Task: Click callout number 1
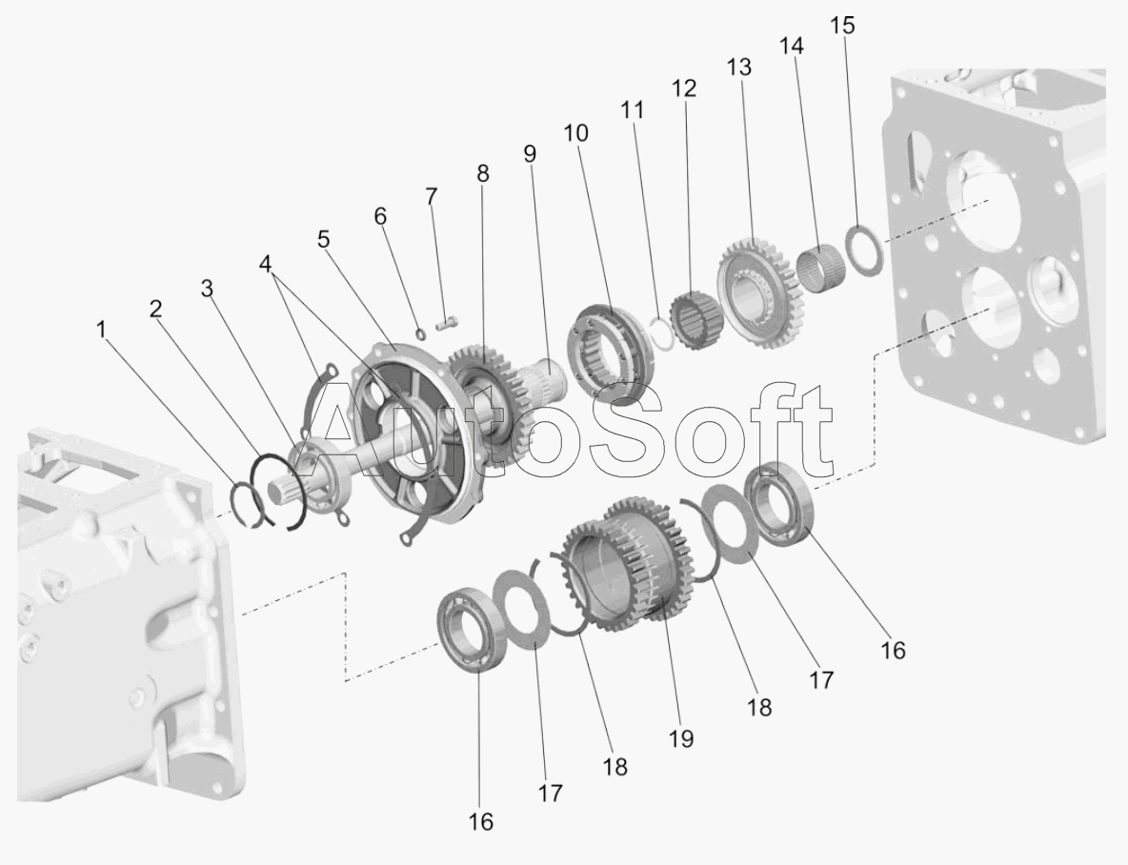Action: click(x=101, y=330)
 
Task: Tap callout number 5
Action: click(x=324, y=239)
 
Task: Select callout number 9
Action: click(x=531, y=153)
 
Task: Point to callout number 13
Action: click(x=738, y=67)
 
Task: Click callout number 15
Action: click(x=842, y=25)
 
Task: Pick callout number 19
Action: click(x=680, y=738)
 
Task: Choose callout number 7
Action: click(x=431, y=195)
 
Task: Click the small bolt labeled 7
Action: click(x=447, y=325)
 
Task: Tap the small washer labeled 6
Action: click(x=421, y=332)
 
